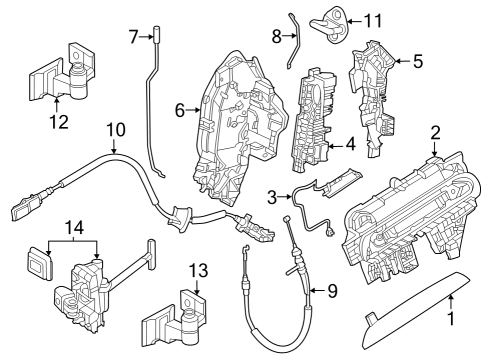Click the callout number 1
point(449,321)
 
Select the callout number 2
point(435,131)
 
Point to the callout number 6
point(180,111)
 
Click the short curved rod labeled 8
point(291,40)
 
